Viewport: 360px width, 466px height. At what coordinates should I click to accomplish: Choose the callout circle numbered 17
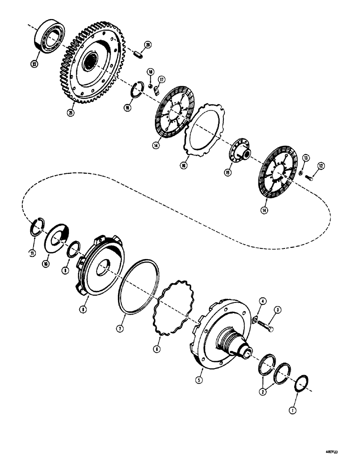(x=161, y=80)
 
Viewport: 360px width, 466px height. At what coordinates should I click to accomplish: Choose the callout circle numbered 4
(x=262, y=302)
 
